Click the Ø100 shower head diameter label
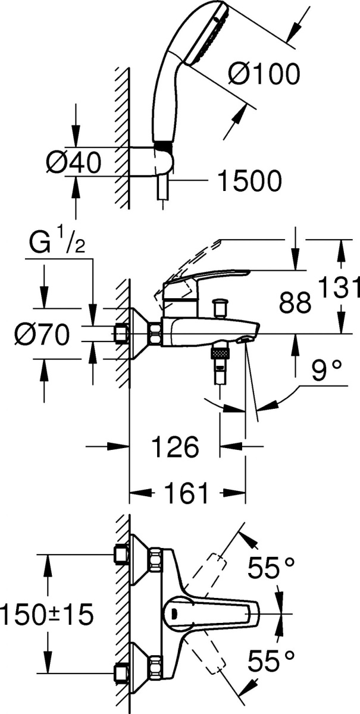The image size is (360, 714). click(264, 74)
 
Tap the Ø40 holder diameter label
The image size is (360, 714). click(74, 162)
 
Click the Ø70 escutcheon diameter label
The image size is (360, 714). click(42, 334)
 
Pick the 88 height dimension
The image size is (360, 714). click(295, 302)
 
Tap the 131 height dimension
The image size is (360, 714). click(340, 287)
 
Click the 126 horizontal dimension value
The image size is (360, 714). click(176, 447)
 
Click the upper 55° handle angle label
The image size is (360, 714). click(271, 568)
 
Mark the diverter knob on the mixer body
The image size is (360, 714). click(220, 308)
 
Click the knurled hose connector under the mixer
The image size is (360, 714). click(220, 353)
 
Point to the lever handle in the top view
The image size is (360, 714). click(211, 613)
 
